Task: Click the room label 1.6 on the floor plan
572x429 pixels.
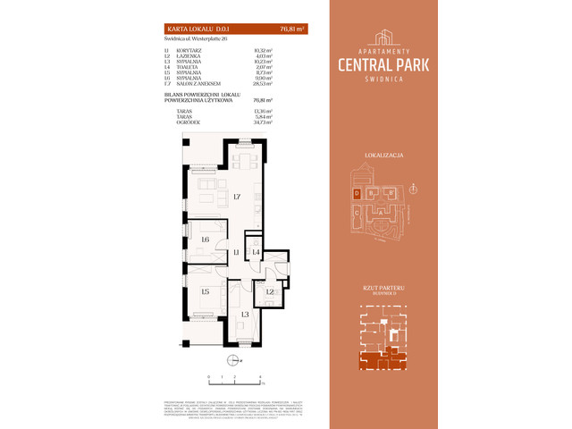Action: pyautogui.click(x=205, y=240)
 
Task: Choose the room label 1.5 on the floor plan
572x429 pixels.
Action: pyautogui.click(x=205, y=291)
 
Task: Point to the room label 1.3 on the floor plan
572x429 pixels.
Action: pyautogui.click(x=244, y=315)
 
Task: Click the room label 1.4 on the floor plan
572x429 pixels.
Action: pyautogui.click(x=256, y=254)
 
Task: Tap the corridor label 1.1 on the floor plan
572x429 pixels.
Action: pyautogui.click(x=236, y=254)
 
